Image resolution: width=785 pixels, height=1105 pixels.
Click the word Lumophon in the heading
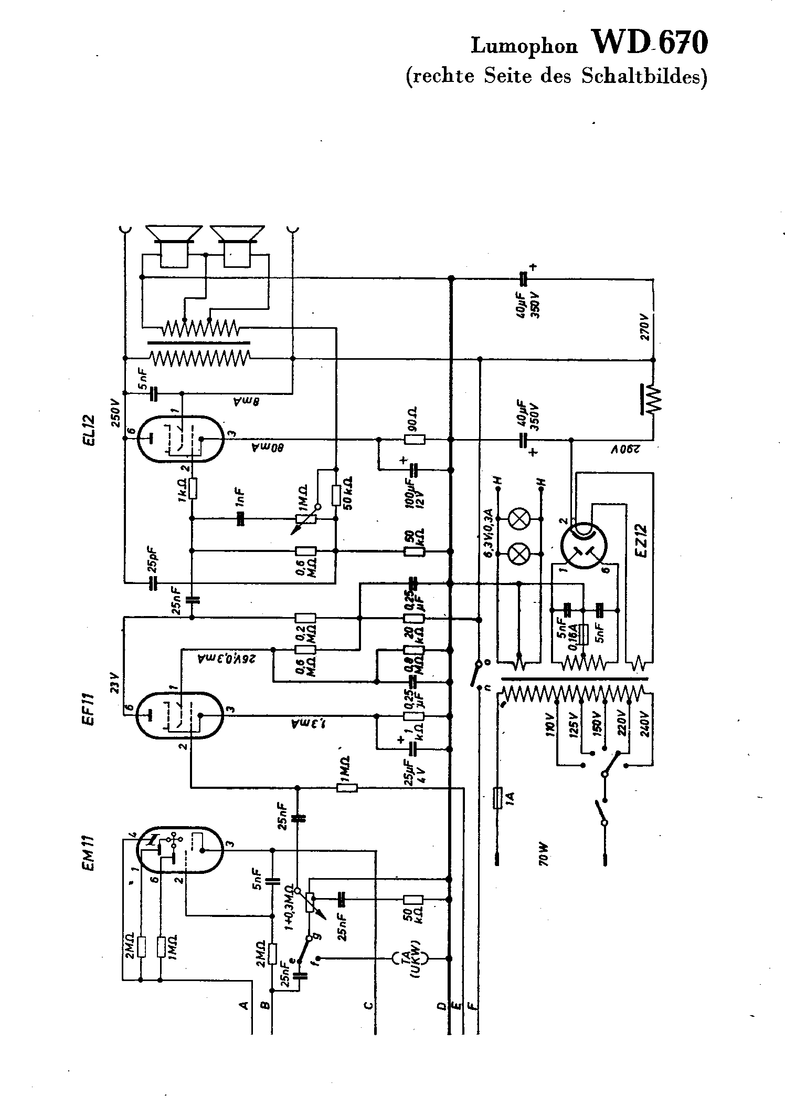pyautogui.click(x=524, y=46)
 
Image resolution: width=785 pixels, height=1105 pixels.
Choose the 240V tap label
pyautogui.click(x=645, y=725)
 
